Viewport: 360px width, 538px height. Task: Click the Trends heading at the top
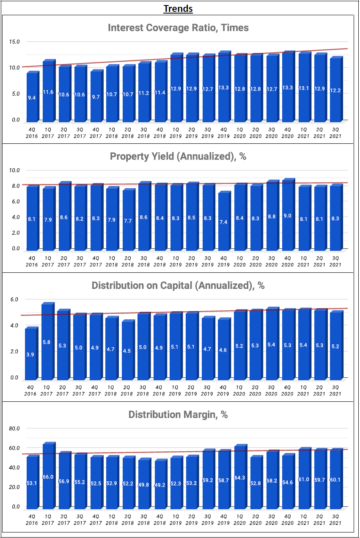pyautogui.click(x=178, y=8)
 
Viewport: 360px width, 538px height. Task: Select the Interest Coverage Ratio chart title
pyautogui.click(x=178, y=28)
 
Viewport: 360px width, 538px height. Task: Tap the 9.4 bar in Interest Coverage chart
pyautogui.click(x=32, y=98)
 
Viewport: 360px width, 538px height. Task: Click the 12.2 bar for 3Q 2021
pyautogui.click(x=335, y=90)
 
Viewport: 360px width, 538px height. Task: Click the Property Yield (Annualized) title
pyautogui.click(x=178, y=156)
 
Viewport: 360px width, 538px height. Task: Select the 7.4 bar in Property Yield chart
pyautogui.click(x=223, y=222)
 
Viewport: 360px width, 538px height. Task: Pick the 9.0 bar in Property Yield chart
pyautogui.click(x=288, y=216)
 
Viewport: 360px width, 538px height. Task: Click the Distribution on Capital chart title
pyautogui.click(x=178, y=285)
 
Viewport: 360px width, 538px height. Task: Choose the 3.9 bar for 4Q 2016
pyautogui.click(x=31, y=354)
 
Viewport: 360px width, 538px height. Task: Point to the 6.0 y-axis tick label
pyautogui.click(x=14, y=299)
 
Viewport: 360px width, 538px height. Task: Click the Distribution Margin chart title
pyautogui.click(x=178, y=414)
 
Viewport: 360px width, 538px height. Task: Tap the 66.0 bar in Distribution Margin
pyautogui.click(x=48, y=476)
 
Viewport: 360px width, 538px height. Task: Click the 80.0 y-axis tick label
pyautogui.click(x=14, y=428)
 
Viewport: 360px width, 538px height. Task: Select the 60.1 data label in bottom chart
pyautogui.click(x=336, y=479)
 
